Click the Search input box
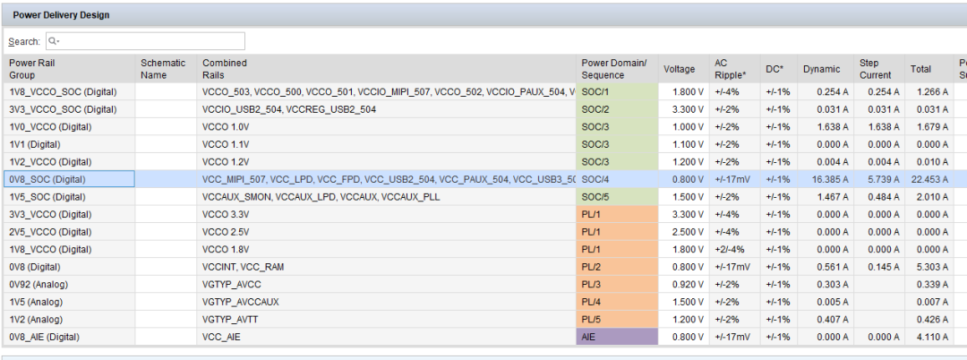coord(145,41)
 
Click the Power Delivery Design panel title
coord(61,15)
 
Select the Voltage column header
coord(679,69)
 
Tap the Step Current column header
coord(875,69)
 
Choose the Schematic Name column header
coord(163,69)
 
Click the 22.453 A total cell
coord(929,179)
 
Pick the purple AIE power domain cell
coord(617,338)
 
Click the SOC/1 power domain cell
coord(617,92)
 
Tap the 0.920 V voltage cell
coord(684,285)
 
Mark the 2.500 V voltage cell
coord(684,232)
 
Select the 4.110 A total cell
coord(929,338)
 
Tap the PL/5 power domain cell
coord(617,320)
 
